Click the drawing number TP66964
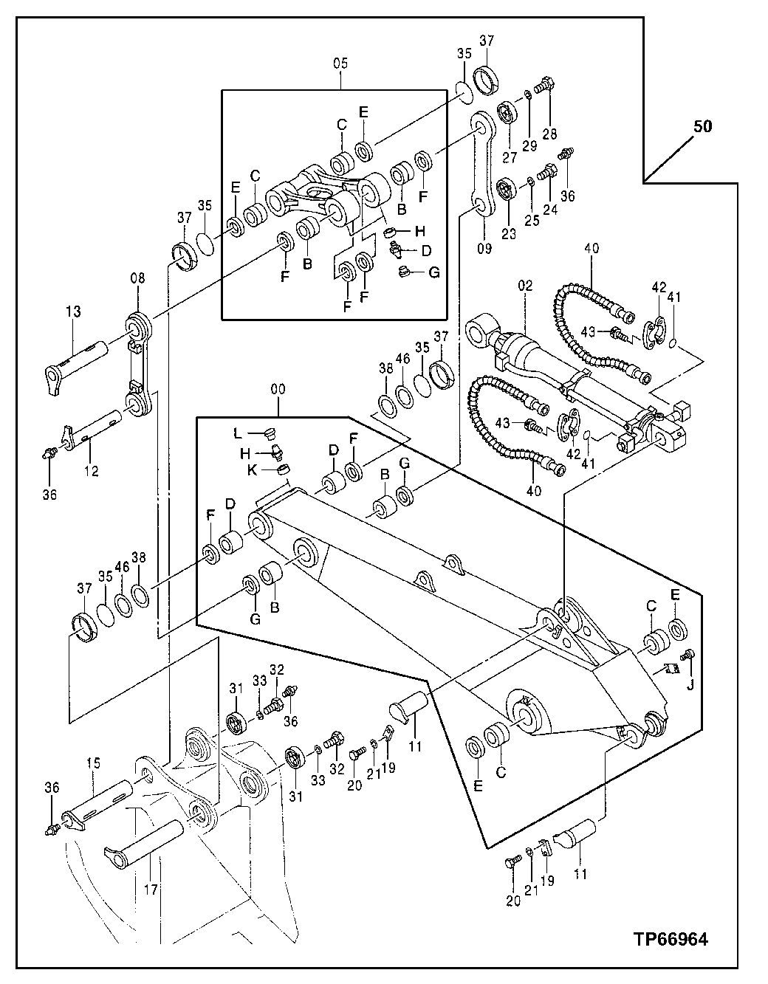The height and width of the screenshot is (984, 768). [x=670, y=940]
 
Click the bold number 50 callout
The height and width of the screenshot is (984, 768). [x=703, y=127]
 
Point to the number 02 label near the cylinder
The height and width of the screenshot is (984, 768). [x=525, y=284]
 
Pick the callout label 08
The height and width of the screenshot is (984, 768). [x=138, y=278]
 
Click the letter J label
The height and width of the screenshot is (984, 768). [x=690, y=684]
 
